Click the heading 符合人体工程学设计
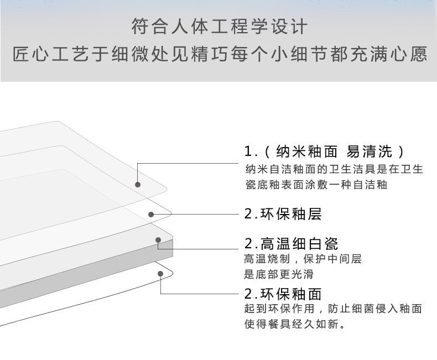[218, 26]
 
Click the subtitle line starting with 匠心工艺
[218, 55]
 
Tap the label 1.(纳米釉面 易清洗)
[326, 152]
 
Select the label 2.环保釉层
[283, 214]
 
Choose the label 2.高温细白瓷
[291, 243]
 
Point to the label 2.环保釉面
[283, 294]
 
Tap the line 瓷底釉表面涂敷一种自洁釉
[316, 185]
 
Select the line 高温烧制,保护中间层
[303, 259]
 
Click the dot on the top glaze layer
[138, 185]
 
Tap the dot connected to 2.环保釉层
[150, 214]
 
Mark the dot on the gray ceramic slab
[158, 240]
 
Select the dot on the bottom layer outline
[160, 272]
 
